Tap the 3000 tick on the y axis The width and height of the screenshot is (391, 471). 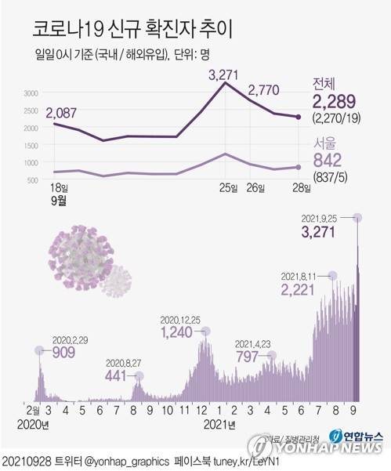[x=30, y=93]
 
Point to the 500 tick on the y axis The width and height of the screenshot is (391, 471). [x=31, y=180]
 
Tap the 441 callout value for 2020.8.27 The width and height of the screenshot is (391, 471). [x=118, y=375]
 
